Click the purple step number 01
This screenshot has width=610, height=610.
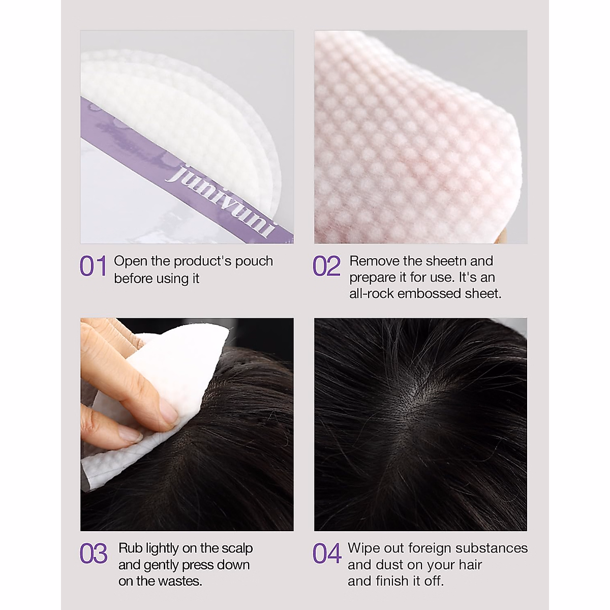coord(93,266)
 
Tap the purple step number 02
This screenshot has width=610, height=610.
coord(326,266)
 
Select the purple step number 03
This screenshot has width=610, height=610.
coord(93,554)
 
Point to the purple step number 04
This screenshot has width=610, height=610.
coord(326,554)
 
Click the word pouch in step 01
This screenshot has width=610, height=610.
coord(254,261)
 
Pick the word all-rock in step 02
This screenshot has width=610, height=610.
coord(372,293)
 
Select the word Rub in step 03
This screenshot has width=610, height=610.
coord(131,548)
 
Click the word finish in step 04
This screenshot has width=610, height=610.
coord(392,581)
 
